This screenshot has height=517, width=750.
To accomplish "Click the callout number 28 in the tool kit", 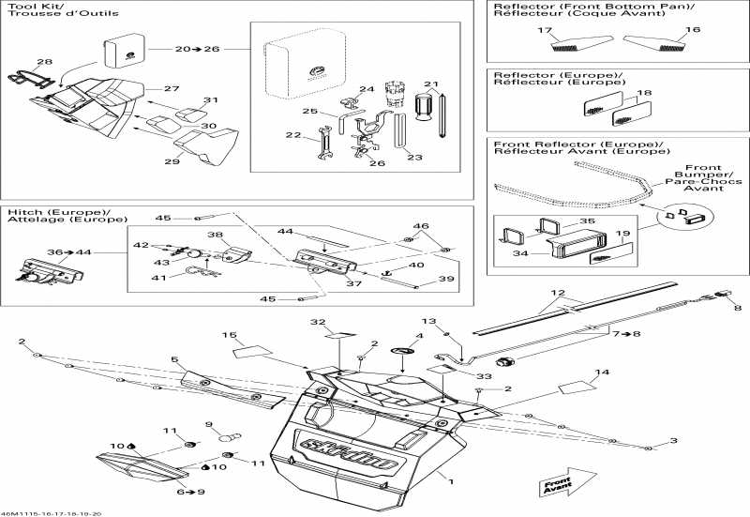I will [44, 62].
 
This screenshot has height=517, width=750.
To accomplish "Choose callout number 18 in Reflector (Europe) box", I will [643, 94].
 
